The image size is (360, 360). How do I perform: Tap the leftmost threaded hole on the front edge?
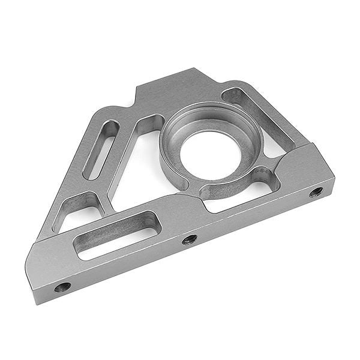click(62, 287)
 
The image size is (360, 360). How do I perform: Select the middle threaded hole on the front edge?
click(190, 239)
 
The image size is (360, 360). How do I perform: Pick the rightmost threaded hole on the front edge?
click(316, 192)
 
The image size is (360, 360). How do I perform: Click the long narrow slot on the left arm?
click(100, 149)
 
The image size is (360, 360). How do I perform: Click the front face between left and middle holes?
click(126, 264)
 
